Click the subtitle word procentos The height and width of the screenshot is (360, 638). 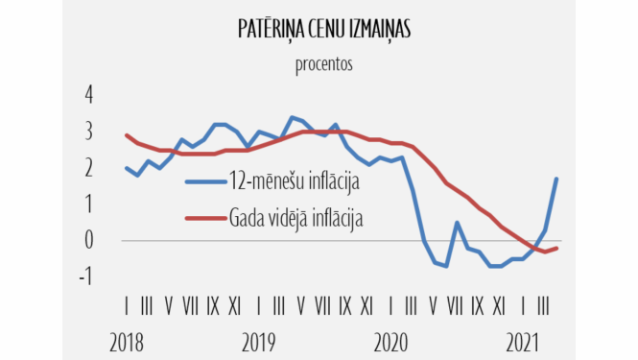323,65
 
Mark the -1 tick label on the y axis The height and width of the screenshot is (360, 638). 85,277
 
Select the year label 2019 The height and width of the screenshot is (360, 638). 260,342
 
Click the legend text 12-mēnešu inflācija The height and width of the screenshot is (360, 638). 299,181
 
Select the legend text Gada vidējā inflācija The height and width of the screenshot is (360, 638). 308,216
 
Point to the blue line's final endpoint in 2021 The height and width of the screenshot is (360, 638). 557,179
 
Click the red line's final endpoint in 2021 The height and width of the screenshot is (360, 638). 557,248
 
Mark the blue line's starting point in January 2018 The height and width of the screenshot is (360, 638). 127,168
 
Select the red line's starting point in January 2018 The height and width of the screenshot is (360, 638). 127,135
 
